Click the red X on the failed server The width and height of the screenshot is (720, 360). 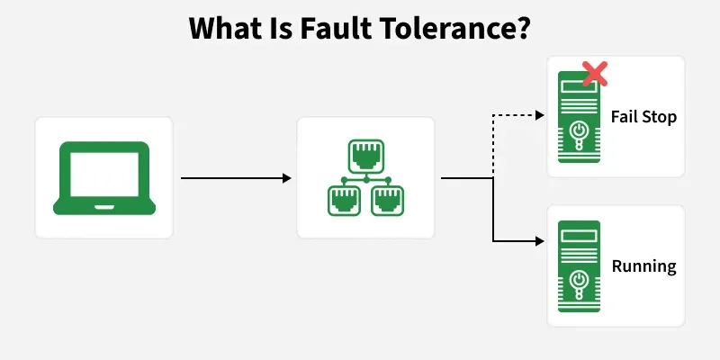pyautogui.click(x=595, y=74)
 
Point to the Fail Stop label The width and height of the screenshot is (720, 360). pyautogui.click(x=643, y=117)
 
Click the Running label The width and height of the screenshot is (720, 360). pyautogui.click(x=643, y=266)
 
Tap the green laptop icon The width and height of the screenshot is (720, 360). pyautogui.click(x=104, y=178)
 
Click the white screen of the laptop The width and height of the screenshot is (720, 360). pyautogui.click(x=104, y=175)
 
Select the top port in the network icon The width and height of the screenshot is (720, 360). pyautogui.click(x=366, y=155)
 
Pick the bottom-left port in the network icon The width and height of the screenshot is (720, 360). pyautogui.click(x=344, y=200)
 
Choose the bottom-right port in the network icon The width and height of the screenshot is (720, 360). pyautogui.click(x=388, y=200)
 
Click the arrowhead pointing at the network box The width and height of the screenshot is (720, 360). pyautogui.click(x=287, y=178)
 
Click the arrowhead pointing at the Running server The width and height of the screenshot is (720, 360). pyautogui.click(x=540, y=241)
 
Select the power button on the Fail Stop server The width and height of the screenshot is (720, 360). pyautogui.click(x=579, y=130)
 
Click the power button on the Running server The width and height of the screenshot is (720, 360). pyautogui.click(x=579, y=280)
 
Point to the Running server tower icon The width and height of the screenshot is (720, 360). pyautogui.click(x=579, y=266)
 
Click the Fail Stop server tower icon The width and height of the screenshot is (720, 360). pyautogui.click(x=579, y=117)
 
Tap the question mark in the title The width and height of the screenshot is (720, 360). pyautogui.click(x=523, y=28)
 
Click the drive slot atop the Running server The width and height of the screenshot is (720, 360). pyautogui.click(x=579, y=236)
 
